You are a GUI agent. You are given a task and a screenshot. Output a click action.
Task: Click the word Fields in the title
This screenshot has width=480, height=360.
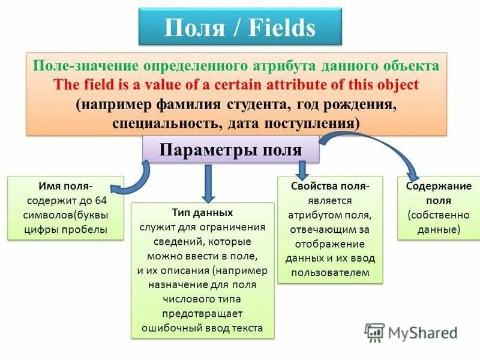coord(279,28)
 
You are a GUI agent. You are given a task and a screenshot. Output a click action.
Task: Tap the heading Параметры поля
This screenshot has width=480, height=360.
coord(230,149)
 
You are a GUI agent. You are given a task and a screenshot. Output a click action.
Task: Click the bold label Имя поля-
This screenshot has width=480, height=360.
coord(65,185)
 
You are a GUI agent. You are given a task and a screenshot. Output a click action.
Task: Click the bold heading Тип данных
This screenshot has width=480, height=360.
coord(202,213)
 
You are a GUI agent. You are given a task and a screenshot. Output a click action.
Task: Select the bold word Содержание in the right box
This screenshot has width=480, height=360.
coord(439,186)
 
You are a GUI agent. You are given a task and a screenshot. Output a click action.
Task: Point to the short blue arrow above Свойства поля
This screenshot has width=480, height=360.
coord(302,168)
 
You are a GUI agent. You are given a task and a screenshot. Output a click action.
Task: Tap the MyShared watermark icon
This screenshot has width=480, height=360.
coord(376,332)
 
